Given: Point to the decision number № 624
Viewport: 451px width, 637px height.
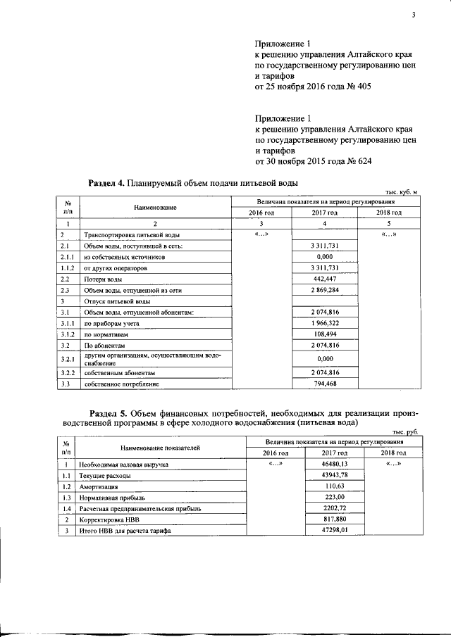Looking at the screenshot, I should [x=357, y=161].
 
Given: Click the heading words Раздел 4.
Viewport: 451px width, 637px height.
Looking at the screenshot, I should [x=106, y=183].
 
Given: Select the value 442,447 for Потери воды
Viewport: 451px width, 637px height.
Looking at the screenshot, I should [x=325, y=279].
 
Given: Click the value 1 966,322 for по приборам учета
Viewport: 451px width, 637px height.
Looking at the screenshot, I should [x=325, y=324].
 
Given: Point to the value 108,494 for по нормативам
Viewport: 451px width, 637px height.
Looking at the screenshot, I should [x=325, y=335].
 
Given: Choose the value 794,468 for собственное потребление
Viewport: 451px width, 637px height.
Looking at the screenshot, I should [x=325, y=384].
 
